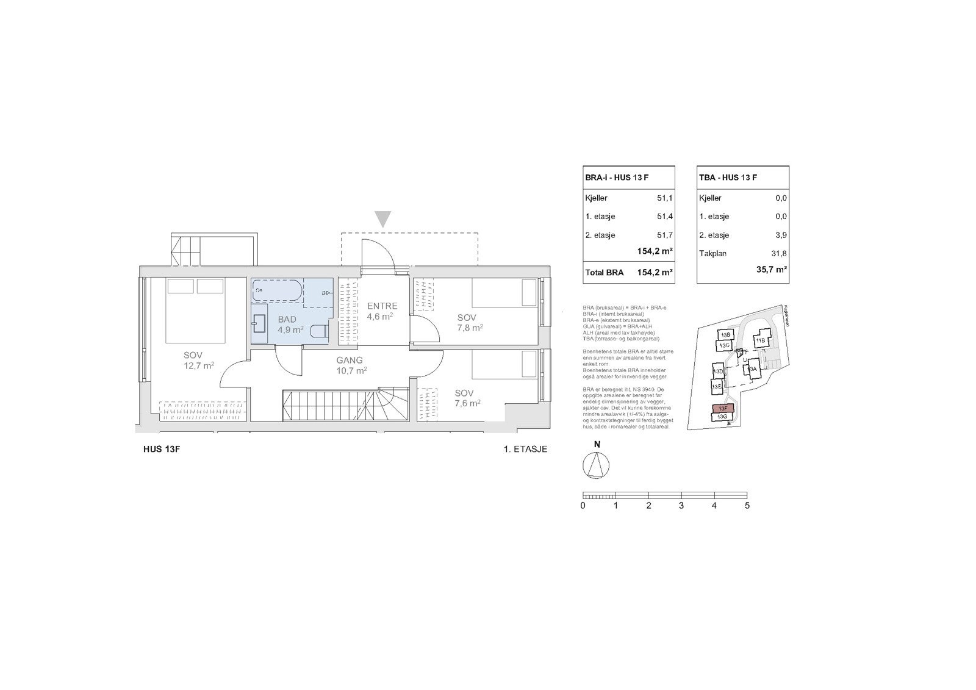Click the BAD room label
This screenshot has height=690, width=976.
click(287, 320)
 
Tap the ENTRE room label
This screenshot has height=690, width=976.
click(382, 306)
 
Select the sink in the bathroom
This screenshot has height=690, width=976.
click(259, 323)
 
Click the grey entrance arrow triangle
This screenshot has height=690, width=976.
click(382, 218)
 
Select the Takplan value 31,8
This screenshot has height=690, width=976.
click(778, 253)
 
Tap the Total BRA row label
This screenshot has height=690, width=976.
click(604, 273)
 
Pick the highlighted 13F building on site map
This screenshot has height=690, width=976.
click(723, 408)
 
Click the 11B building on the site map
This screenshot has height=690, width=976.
click(760, 340)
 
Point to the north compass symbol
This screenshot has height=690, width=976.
click(597, 467)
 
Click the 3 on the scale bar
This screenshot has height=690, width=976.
click(681, 506)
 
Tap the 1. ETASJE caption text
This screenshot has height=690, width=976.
click(525, 450)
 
